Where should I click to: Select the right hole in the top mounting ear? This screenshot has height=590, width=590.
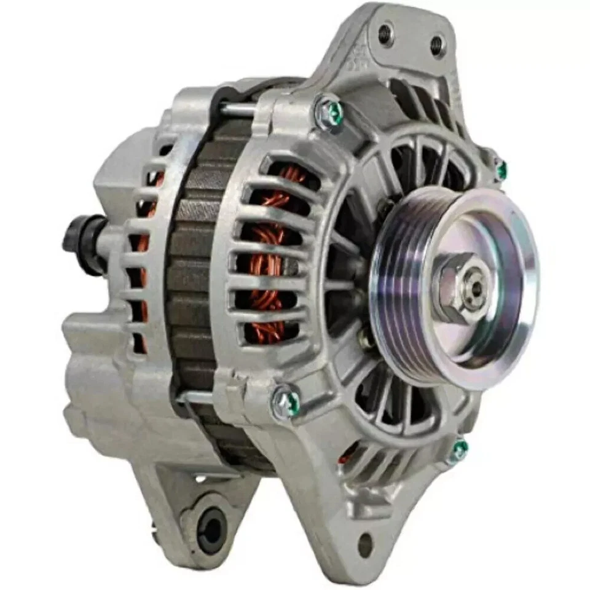click(436, 44)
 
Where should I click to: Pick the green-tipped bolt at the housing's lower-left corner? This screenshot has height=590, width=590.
click(286, 403)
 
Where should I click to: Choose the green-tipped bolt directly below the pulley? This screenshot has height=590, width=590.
click(458, 450)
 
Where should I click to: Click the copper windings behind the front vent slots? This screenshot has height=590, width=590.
click(270, 258)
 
